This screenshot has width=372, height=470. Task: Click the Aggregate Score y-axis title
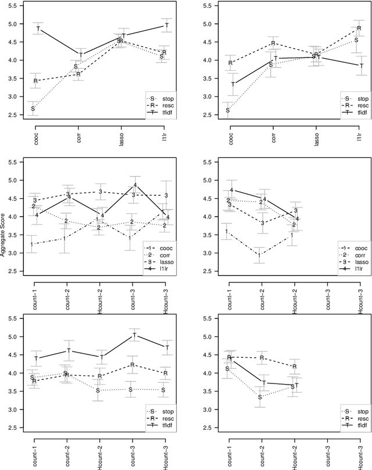[x=4, y=235]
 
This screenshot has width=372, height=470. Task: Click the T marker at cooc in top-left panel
[x=38, y=29]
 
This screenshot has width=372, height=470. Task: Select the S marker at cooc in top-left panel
[x=33, y=108]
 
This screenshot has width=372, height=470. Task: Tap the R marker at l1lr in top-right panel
[x=359, y=28]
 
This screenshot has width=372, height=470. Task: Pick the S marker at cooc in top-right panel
[x=228, y=110]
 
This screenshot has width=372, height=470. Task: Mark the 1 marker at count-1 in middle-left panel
[x=32, y=245]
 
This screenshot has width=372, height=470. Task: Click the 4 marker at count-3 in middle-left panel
[x=135, y=185]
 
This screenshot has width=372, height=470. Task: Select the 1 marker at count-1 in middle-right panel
[x=227, y=232]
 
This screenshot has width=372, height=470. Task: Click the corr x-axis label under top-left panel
[x=78, y=139]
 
